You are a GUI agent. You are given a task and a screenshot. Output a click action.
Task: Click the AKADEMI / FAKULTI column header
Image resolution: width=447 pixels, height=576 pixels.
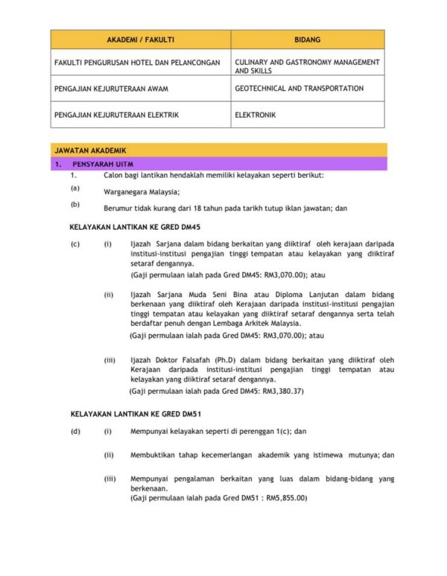tap(140, 39)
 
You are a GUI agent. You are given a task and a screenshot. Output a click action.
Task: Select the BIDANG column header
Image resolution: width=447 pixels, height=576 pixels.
tap(307, 39)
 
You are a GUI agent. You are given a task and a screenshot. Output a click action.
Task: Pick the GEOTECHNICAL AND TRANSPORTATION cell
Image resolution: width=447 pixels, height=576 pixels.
tap(299, 89)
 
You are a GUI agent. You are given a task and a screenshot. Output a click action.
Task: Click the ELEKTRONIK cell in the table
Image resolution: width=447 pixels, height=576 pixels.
tap(256, 115)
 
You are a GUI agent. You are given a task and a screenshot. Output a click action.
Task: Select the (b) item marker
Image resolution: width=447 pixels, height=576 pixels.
tap(75, 204)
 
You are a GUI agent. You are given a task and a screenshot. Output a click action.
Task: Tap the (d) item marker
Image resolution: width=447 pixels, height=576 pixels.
tap(75, 431)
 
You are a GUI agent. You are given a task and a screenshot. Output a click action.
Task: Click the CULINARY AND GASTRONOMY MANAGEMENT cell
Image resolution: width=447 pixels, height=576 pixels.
tap(307, 63)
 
